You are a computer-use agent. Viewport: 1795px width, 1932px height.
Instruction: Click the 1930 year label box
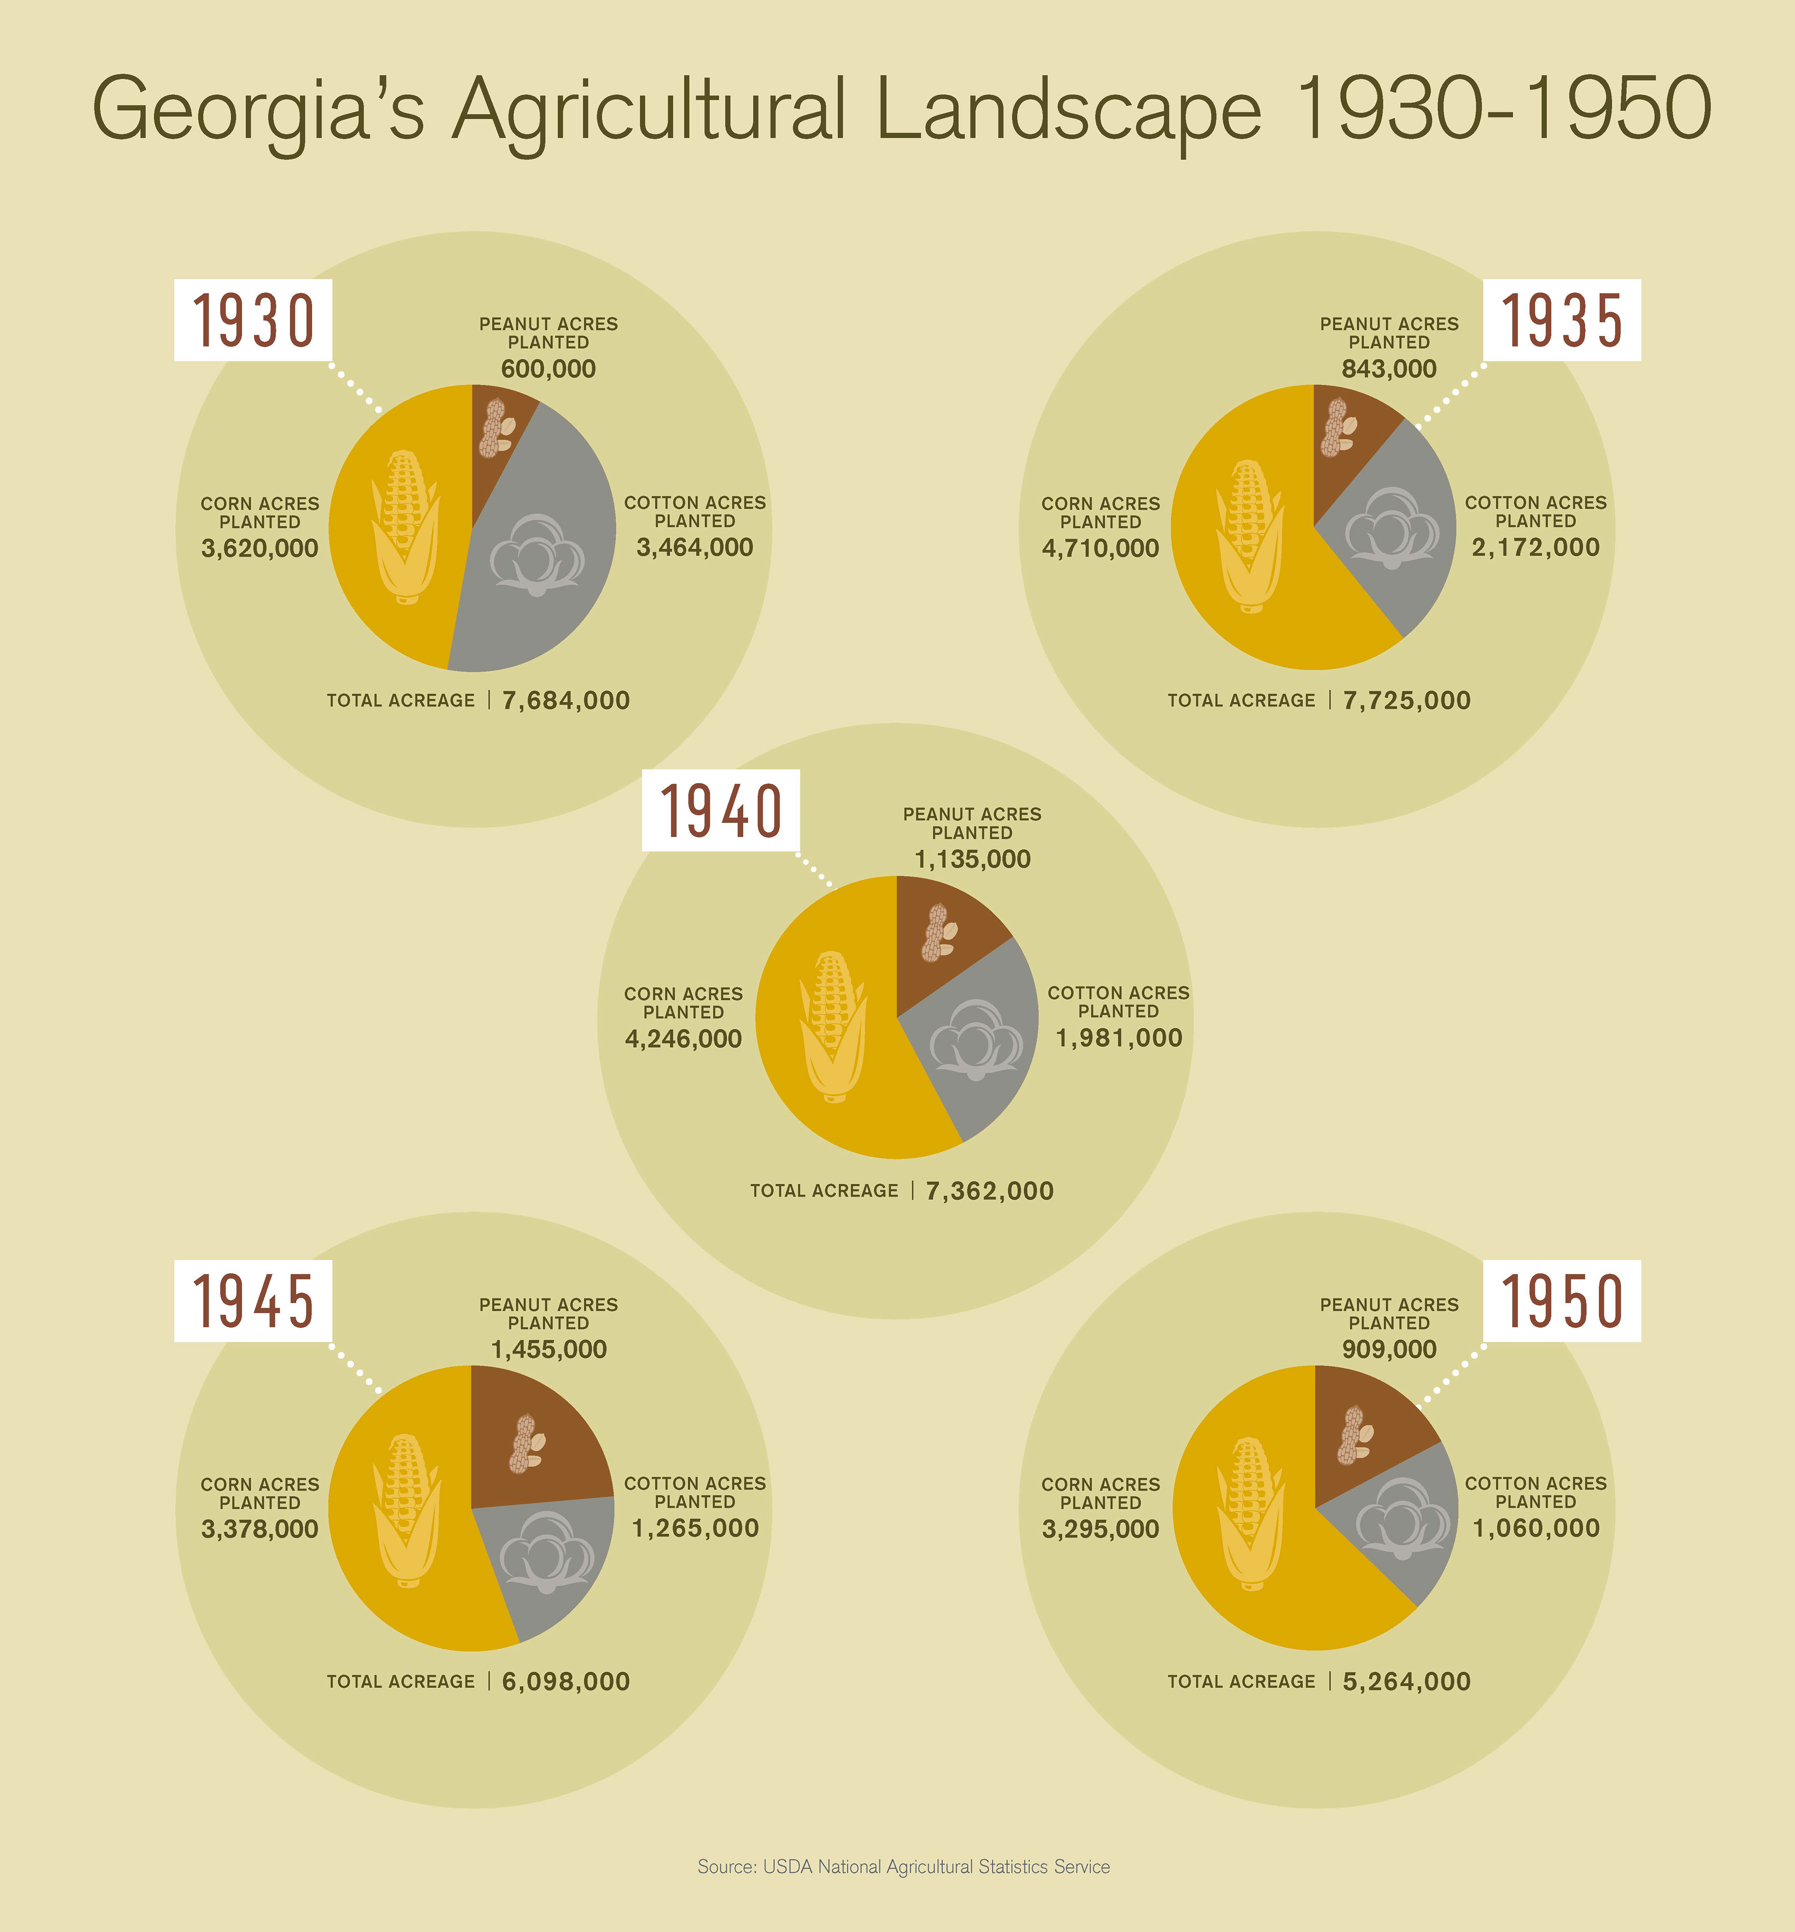pos(254,320)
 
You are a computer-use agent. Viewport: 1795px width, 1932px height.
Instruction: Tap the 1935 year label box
pos(1562,320)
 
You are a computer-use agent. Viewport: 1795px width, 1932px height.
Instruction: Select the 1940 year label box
pos(721,810)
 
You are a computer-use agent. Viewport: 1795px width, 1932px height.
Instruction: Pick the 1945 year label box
pos(254,1301)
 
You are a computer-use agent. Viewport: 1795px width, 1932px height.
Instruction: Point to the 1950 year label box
pos(1562,1301)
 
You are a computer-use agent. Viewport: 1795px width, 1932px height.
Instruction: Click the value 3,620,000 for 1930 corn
pos(260,549)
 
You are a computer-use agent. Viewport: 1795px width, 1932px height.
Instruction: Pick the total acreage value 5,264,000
pos(1406,1681)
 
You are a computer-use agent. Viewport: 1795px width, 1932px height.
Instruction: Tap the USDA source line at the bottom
pos(903,1866)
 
